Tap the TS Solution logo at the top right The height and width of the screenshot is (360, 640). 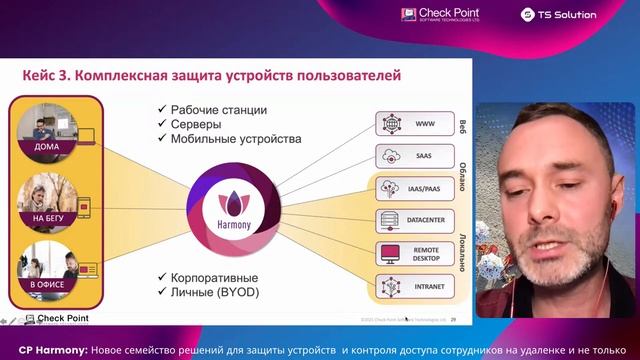coord(559,14)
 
